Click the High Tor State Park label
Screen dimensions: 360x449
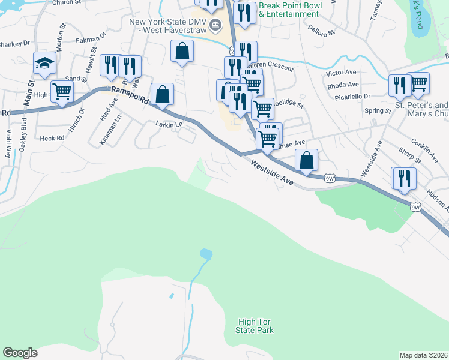pos(256,326)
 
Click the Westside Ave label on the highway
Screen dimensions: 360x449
pos(272,172)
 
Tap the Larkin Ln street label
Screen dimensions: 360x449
pos(169,124)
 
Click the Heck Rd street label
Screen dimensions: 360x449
pos(52,138)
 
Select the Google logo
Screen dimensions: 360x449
pos(20,353)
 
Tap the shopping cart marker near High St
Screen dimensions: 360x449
pos(62,91)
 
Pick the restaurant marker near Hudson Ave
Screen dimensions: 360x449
pos(404,178)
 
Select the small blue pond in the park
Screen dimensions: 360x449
pos(206,254)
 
